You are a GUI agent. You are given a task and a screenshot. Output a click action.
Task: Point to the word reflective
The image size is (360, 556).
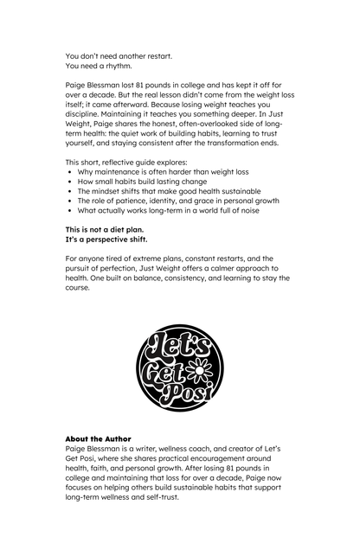click(x=120, y=162)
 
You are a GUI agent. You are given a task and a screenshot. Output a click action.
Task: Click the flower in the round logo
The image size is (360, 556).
click(x=200, y=373)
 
